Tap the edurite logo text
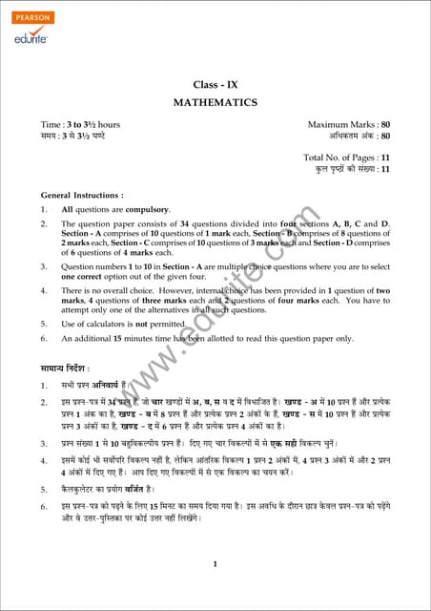coord(32,38)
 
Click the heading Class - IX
coord(215,85)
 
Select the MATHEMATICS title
coord(215,102)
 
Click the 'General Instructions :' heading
coord(82,195)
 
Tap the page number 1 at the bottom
coord(215,564)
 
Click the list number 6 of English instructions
coord(43,339)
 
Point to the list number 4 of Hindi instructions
coord(44,460)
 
